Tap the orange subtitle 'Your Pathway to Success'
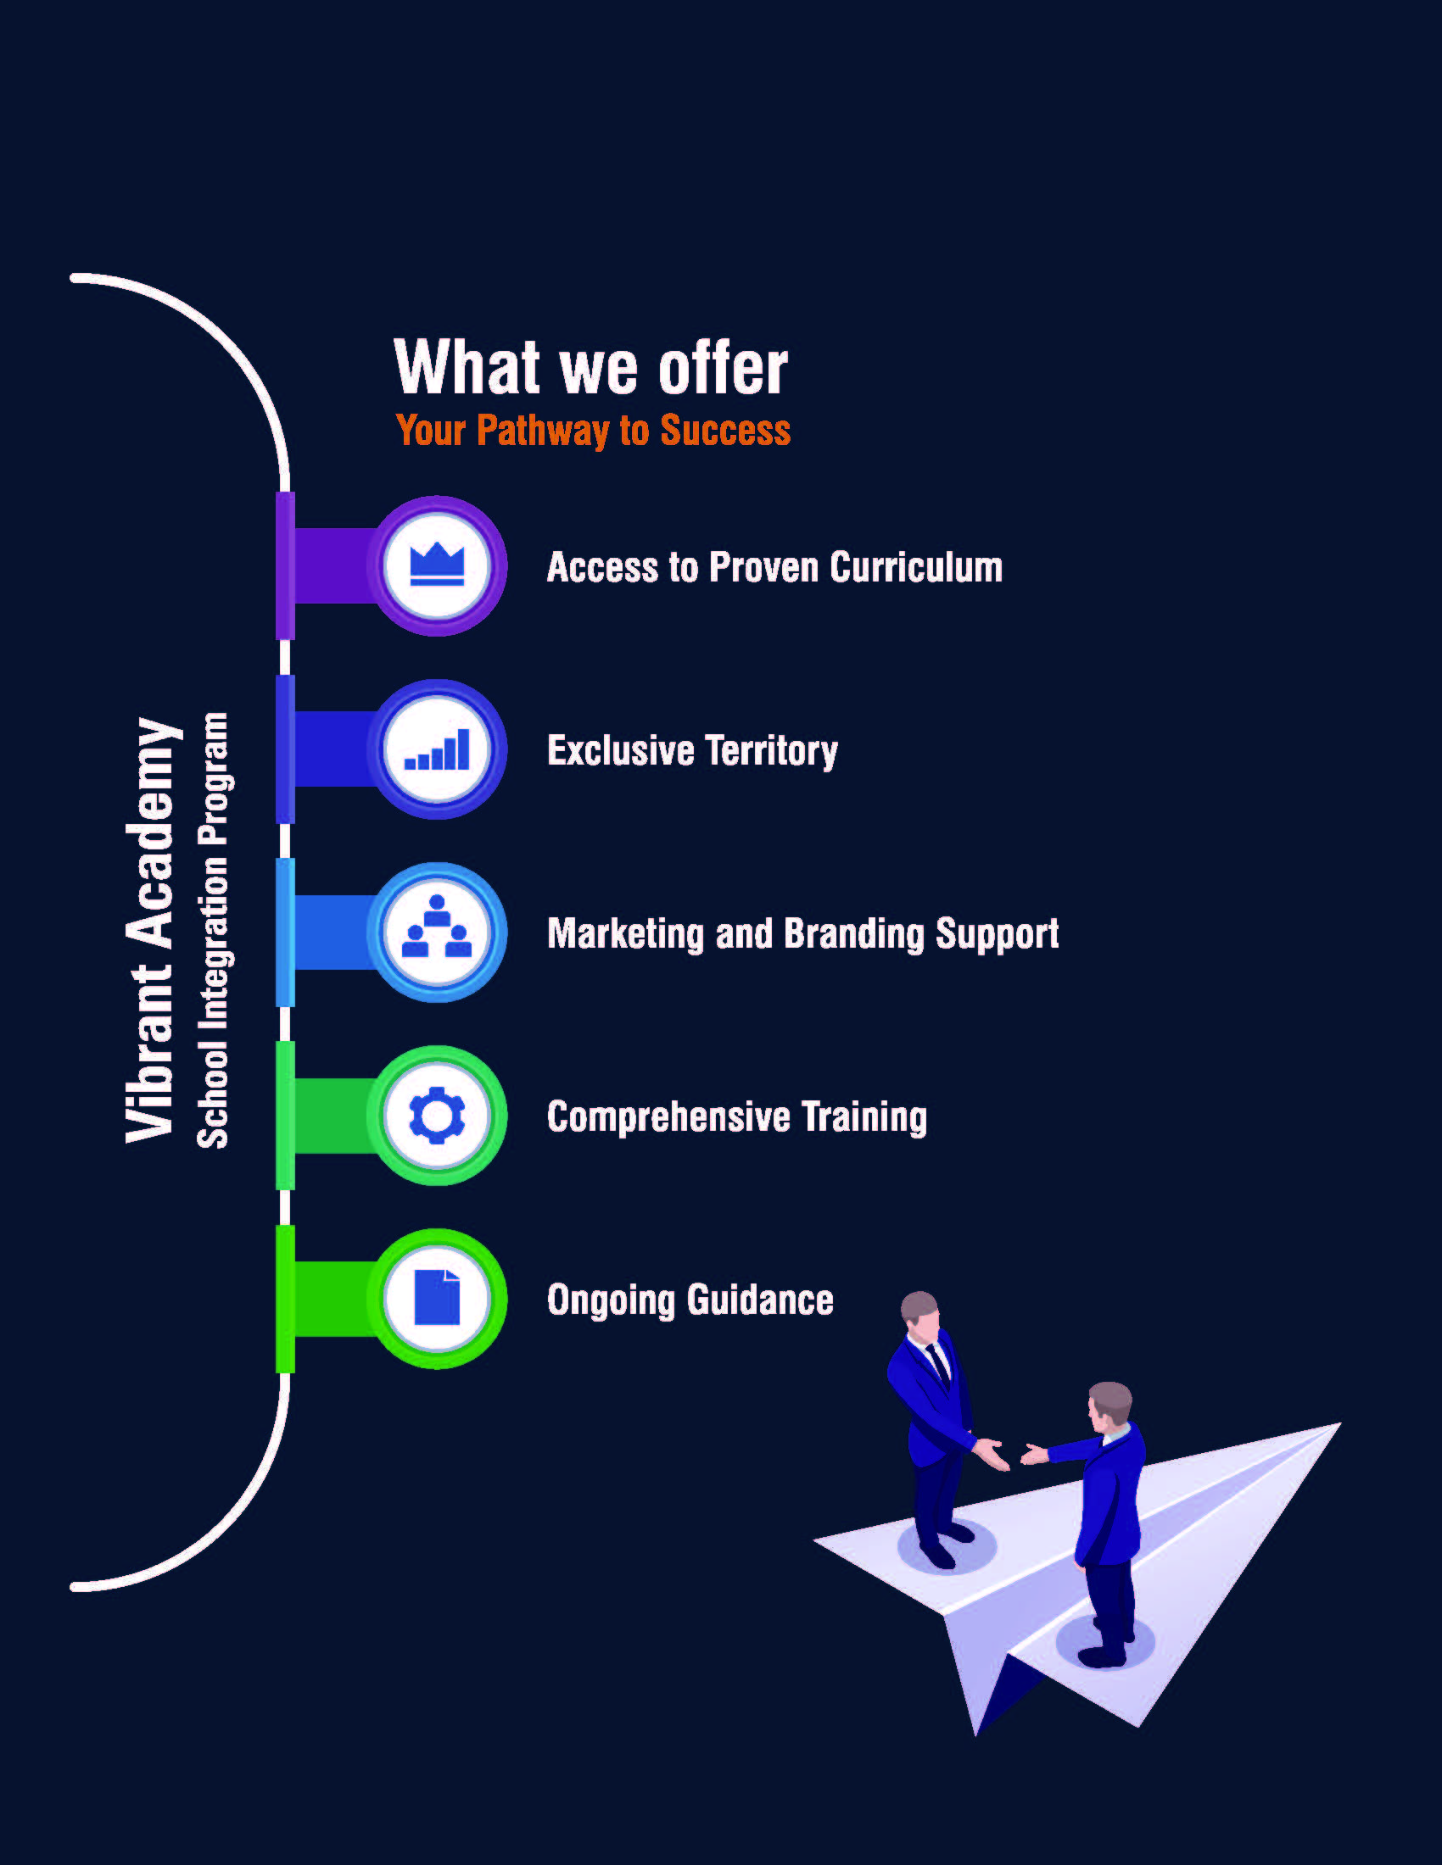(x=593, y=430)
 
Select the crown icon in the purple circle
(x=437, y=565)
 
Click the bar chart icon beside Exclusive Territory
(x=437, y=749)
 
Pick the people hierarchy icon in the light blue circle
(x=437, y=931)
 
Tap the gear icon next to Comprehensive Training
(x=437, y=1116)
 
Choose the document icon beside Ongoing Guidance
(x=437, y=1298)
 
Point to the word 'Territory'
(x=771, y=750)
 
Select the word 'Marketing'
(x=625, y=933)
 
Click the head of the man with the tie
(x=919, y=1310)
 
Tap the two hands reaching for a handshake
(x=1013, y=1452)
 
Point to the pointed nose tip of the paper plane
(x=1339, y=1424)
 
